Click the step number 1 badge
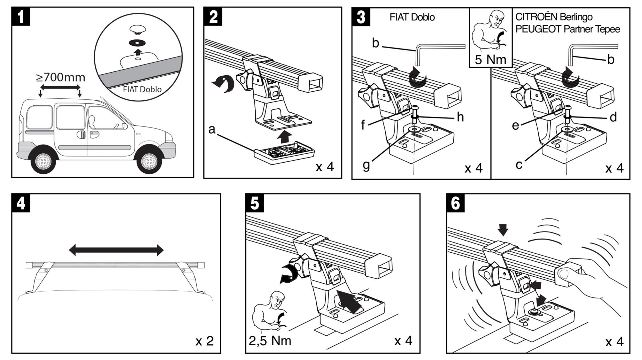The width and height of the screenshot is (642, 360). click(x=21, y=16)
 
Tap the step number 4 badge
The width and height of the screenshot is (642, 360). click(x=21, y=203)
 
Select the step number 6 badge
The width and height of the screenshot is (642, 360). click(x=456, y=203)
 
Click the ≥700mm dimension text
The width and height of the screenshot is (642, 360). click(x=61, y=78)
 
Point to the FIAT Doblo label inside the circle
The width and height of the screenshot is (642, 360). click(x=142, y=89)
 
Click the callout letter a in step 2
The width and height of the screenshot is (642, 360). click(x=212, y=129)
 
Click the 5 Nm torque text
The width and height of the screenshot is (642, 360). click(x=491, y=60)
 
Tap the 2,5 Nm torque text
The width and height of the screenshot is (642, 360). click(x=270, y=341)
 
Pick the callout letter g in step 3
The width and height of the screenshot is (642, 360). click(x=366, y=165)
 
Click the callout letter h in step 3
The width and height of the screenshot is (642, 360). click(x=460, y=117)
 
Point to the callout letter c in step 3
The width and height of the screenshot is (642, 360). click(x=519, y=165)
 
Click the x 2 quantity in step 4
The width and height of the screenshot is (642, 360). click(x=205, y=341)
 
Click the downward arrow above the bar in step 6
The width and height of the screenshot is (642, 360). click(x=503, y=230)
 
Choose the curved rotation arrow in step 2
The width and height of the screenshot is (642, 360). click(x=223, y=84)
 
